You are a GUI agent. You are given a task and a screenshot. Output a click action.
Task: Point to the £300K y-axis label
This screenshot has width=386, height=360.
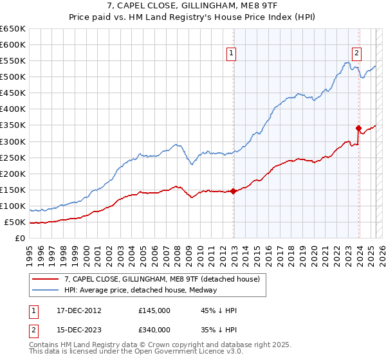(13, 141)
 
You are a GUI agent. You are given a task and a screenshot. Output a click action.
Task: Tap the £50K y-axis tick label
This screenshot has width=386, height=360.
(15, 222)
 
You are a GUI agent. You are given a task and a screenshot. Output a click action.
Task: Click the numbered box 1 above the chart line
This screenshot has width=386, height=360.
(231, 54)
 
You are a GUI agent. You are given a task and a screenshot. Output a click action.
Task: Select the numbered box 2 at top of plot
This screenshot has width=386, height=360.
(356, 54)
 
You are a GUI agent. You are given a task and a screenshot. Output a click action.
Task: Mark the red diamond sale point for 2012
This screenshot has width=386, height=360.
(233, 191)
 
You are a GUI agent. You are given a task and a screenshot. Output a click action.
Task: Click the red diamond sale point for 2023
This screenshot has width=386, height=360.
(358, 128)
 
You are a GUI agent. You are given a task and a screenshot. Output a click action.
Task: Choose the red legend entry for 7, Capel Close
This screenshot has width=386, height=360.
(161, 279)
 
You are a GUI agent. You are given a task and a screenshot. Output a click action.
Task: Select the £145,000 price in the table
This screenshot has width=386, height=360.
(154, 310)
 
